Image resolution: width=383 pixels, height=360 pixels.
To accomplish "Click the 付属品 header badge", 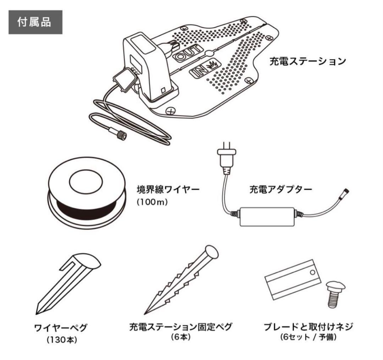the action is click(x=35, y=22).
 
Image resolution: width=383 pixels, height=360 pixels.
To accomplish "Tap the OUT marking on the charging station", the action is click(x=188, y=53).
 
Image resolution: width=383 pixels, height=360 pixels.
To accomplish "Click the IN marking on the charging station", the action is click(x=205, y=69).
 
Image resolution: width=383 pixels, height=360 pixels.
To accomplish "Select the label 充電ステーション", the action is click(x=308, y=61).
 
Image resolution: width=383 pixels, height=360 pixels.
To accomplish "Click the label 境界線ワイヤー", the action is click(x=168, y=190).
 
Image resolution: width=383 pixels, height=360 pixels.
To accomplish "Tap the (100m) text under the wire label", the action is click(x=152, y=202).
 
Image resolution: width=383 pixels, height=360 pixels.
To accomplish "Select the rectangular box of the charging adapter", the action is click(x=267, y=217).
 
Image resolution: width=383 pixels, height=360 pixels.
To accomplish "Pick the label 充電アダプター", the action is click(x=281, y=190).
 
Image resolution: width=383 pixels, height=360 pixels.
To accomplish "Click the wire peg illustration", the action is click(x=68, y=283).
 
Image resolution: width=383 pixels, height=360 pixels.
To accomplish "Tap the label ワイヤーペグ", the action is click(x=61, y=327).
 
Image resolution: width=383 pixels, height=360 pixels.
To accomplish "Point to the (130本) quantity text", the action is click(x=62, y=340).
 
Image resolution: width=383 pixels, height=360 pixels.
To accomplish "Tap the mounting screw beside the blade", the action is click(x=335, y=294).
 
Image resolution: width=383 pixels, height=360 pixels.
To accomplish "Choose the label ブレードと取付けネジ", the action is click(x=308, y=327).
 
